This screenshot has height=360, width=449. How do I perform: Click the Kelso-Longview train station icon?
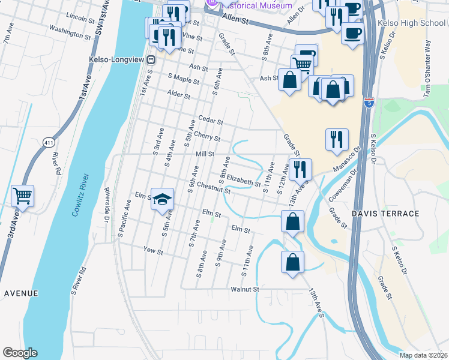152,59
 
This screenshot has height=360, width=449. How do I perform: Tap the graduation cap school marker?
161,199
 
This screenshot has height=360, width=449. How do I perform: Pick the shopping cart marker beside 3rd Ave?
23,196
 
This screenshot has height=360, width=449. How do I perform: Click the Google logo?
19,353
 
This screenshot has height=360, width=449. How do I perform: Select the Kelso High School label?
412,23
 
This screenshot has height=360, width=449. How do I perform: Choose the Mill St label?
205,154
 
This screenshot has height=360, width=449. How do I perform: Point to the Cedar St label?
210,120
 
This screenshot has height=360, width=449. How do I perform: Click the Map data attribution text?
423,355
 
